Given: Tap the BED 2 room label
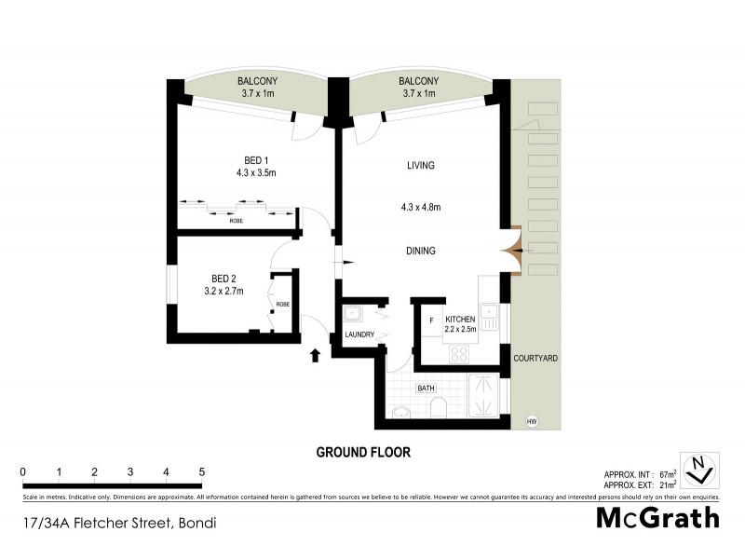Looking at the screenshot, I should pos(223,279).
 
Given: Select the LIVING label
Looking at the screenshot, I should pos(421,165).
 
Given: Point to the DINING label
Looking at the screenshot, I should pos(421,251).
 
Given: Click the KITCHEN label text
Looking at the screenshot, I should pos(461,319).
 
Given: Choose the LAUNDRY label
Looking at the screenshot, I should pos(359,334).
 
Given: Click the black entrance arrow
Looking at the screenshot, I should pos(314,354).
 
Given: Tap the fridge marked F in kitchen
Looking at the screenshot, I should pos(432,321).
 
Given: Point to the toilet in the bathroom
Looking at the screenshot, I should pos(437,407).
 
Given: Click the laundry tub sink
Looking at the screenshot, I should pos(353,313).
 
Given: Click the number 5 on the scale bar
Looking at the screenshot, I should pos(201,471).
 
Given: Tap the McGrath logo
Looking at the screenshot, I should pos(657,518).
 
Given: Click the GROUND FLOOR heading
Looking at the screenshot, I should pos(363,452).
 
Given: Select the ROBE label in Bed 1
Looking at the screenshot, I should pos(237,221).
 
